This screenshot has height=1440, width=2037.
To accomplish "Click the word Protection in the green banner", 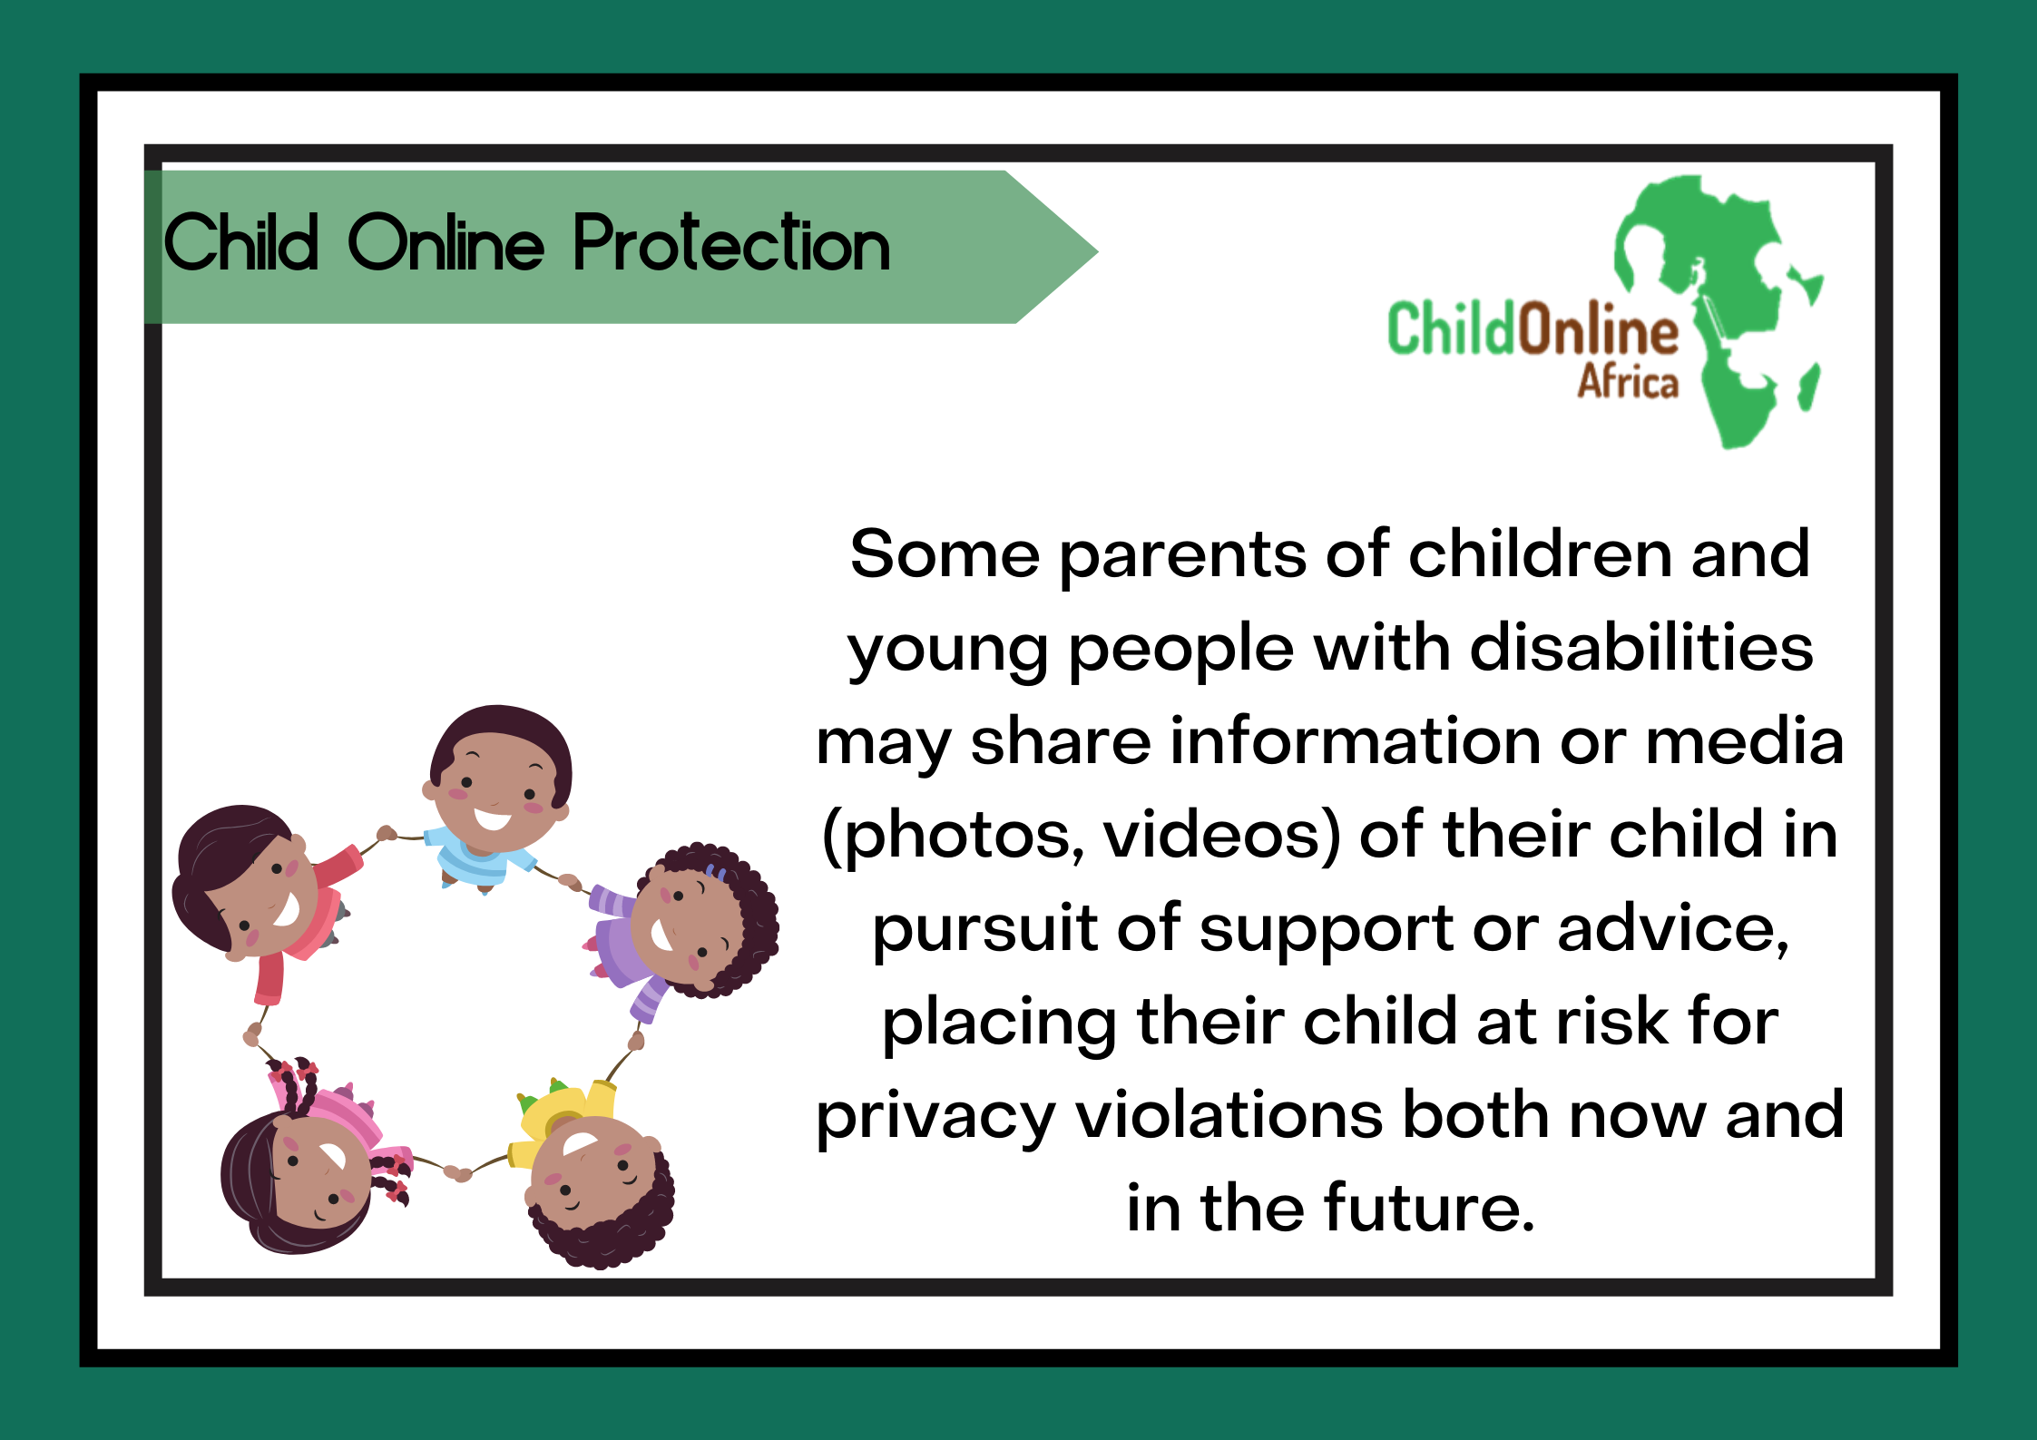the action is point(731,242).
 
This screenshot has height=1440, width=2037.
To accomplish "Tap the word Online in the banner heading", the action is point(446,242).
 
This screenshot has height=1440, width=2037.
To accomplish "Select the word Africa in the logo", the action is point(1628,381).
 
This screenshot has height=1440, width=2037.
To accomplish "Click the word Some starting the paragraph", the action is point(944,554).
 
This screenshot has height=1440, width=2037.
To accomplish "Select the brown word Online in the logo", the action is point(1599,328).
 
